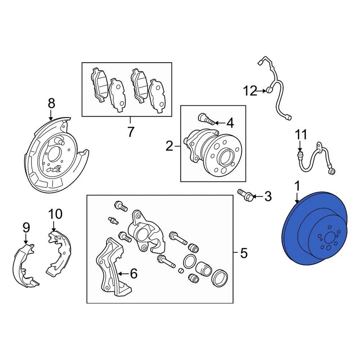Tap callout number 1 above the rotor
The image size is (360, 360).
(297, 186)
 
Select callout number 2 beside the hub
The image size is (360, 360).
(169, 146)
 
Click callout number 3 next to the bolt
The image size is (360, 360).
(267, 196)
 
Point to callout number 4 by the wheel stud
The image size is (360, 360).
(229, 123)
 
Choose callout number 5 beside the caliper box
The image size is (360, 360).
(244, 254)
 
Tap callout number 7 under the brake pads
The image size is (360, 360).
(130, 132)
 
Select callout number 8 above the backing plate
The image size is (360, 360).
(51, 103)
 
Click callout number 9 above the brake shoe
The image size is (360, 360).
(26, 227)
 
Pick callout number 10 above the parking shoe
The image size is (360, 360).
(55, 214)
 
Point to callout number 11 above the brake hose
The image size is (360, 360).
(300, 134)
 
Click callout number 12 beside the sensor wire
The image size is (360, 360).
(250, 90)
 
